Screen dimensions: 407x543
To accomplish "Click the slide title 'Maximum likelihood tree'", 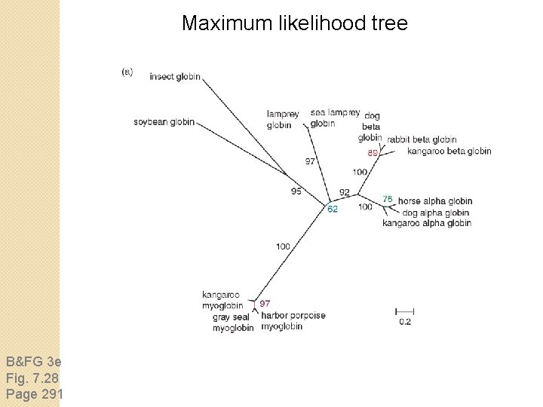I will (294, 23).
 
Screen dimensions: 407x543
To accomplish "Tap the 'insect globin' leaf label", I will (175, 76).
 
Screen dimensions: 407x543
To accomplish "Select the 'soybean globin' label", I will (164, 122).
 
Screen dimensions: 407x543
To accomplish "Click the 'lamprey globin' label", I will (282, 119).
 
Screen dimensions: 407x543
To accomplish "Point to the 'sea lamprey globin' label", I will (335, 118).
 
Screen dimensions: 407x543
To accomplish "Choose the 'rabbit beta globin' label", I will (422, 139).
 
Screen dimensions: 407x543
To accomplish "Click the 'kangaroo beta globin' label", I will (449, 151).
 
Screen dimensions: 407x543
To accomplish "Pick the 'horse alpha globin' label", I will (435, 201).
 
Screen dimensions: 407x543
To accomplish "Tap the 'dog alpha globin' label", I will (436, 213).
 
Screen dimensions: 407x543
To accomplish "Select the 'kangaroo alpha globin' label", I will (426, 223).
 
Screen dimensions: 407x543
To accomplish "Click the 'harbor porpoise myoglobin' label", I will (293, 320).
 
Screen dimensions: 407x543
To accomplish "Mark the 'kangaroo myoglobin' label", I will (222, 300).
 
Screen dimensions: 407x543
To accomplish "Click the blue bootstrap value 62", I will (332, 210).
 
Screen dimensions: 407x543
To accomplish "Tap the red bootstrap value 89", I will (373, 152).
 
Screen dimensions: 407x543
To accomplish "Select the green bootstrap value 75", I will (387, 199).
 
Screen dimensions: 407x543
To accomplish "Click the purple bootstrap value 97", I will (265, 303).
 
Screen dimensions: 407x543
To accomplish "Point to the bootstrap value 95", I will (296, 191).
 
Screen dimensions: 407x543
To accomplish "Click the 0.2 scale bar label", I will (405, 322).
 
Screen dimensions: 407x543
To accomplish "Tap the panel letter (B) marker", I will (127, 72).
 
